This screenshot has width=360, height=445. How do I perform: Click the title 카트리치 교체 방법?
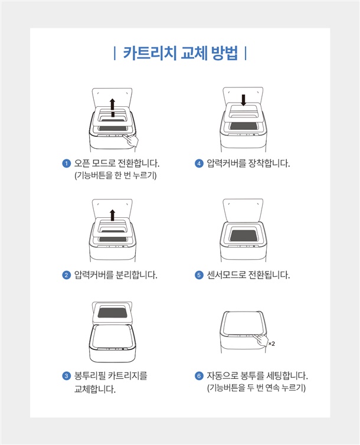point(181,53)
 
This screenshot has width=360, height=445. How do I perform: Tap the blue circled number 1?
point(66,163)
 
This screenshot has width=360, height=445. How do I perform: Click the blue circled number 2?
point(66,275)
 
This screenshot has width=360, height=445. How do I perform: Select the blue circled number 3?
point(66,376)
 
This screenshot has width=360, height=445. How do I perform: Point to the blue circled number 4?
point(199,163)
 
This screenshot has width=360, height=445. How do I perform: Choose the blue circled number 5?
point(199,275)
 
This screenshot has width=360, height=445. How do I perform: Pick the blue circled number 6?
point(199,376)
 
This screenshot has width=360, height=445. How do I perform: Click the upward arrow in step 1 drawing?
point(113,107)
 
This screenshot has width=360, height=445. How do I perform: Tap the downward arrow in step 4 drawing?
point(243,100)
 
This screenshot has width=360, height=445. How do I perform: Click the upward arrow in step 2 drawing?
point(113,215)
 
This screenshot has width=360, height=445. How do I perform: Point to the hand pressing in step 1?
point(132,140)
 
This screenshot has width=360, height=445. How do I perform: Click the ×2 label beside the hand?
point(271,344)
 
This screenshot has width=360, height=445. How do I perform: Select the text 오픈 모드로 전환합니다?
point(117,163)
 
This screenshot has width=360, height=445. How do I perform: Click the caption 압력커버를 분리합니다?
point(116,274)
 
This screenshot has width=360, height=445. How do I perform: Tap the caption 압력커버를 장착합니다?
point(248,163)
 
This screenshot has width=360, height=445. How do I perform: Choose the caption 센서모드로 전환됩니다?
point(248,274)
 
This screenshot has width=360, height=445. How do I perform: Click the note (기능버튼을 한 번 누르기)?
point(116,175)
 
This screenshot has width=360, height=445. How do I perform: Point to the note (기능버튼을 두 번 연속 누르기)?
point(257,388)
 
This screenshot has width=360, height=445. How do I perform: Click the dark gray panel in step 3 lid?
point(112,312)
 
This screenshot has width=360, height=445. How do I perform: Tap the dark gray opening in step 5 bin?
point(243,235)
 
